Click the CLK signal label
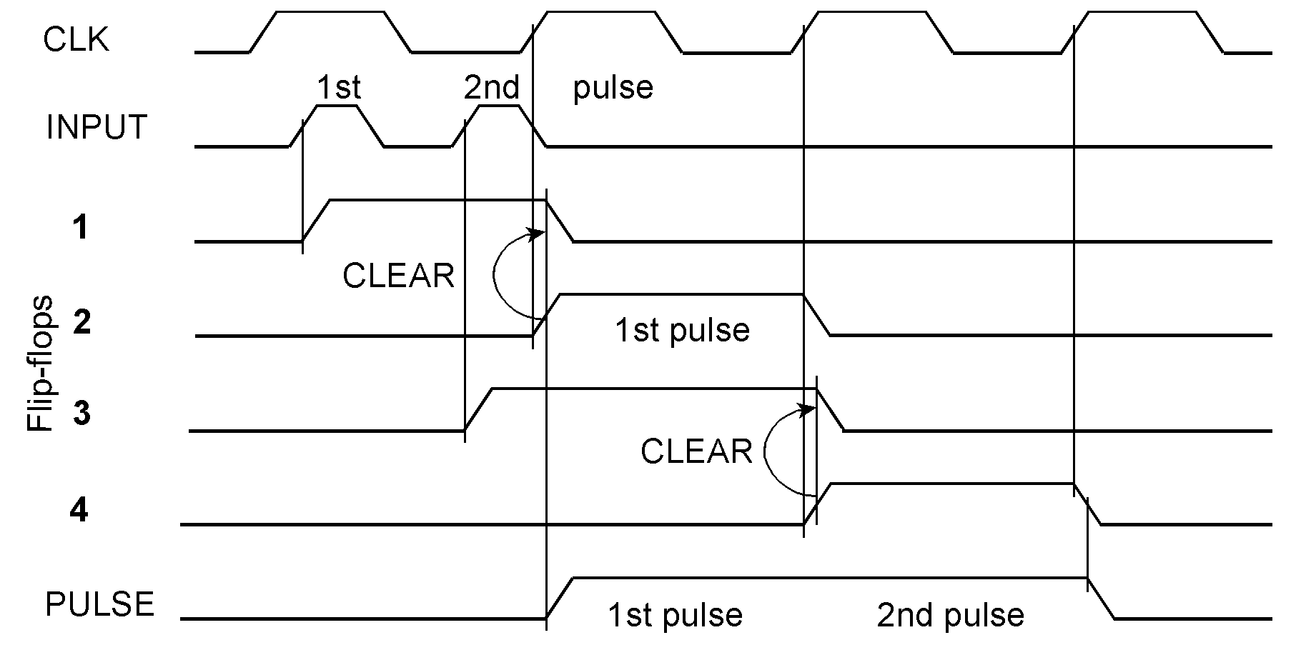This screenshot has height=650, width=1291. [76, 40]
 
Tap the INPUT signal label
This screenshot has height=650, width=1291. [97, 128]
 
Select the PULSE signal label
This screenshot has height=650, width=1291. [99, 605]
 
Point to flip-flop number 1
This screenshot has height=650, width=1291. [81, 229]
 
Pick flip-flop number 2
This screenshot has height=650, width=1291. [82, 323]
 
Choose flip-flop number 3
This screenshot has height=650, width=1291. [81, 414]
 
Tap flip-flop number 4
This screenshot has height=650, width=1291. [79, 511]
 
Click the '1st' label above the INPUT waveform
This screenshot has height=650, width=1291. [338, 88]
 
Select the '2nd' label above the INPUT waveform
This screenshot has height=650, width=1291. [491, 88]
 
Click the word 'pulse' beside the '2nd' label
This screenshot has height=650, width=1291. [613, 88]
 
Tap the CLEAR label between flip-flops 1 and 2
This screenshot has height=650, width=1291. [398, 276]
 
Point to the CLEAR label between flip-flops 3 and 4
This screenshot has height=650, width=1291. [696, 452]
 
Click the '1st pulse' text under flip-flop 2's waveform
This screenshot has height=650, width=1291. [682, 330]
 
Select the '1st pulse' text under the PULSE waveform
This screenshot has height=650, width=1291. [675, 614]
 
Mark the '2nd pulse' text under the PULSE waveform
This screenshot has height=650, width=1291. [950, 614]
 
